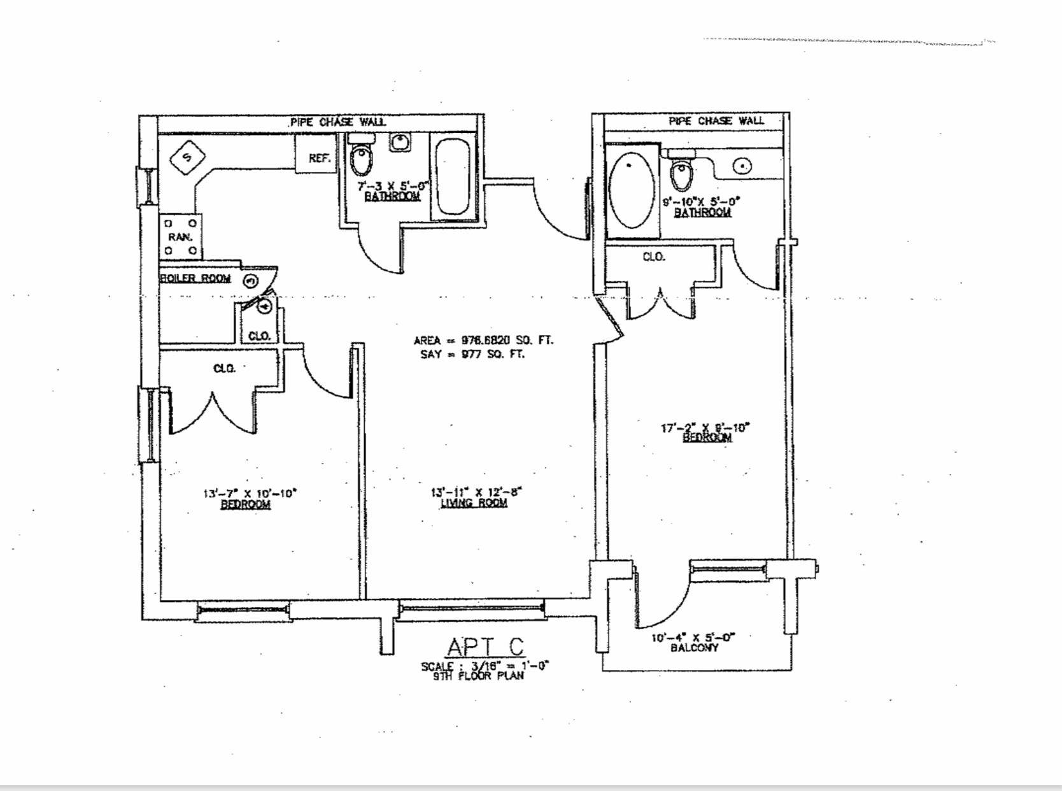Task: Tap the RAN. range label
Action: coord(180,237)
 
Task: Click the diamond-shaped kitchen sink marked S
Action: coord(187,157)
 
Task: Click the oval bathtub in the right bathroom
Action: coord(631,189)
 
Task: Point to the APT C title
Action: coord(485,646)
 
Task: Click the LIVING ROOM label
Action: coord(474,503)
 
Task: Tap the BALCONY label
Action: coord(694,648)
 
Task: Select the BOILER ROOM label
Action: coord(196,278)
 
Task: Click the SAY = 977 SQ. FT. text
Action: coord(472,354)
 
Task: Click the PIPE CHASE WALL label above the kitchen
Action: coord(337,122)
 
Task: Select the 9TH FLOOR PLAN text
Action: coord(479,676)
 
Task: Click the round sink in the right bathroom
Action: coord(742,166)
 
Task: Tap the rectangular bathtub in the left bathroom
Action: coord(453,176)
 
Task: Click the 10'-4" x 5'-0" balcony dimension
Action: coord(693,637)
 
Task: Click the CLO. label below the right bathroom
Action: coord(654,257)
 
